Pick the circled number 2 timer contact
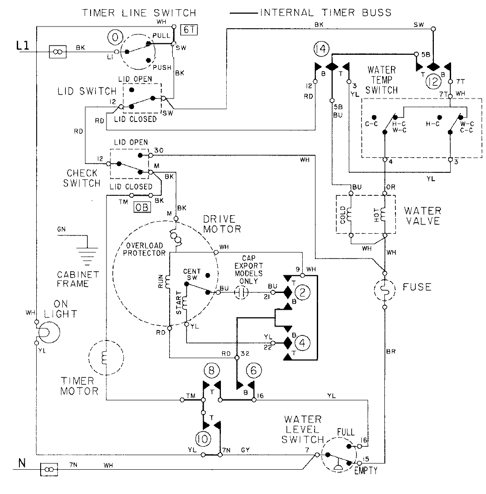pyautogui.click(x=303, y=292)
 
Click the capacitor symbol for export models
pyautogui.click(x=241, y=292)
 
